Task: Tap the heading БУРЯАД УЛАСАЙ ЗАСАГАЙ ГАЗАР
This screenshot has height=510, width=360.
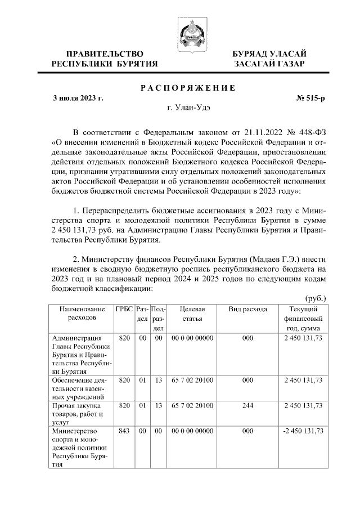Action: (269, 59)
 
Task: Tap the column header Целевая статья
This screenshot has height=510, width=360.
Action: (192, 314)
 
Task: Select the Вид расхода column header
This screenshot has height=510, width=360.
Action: (247, 309)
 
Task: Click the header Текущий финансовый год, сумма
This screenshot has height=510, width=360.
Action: (304, 318)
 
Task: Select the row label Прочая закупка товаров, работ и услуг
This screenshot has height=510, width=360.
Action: (76, 413)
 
